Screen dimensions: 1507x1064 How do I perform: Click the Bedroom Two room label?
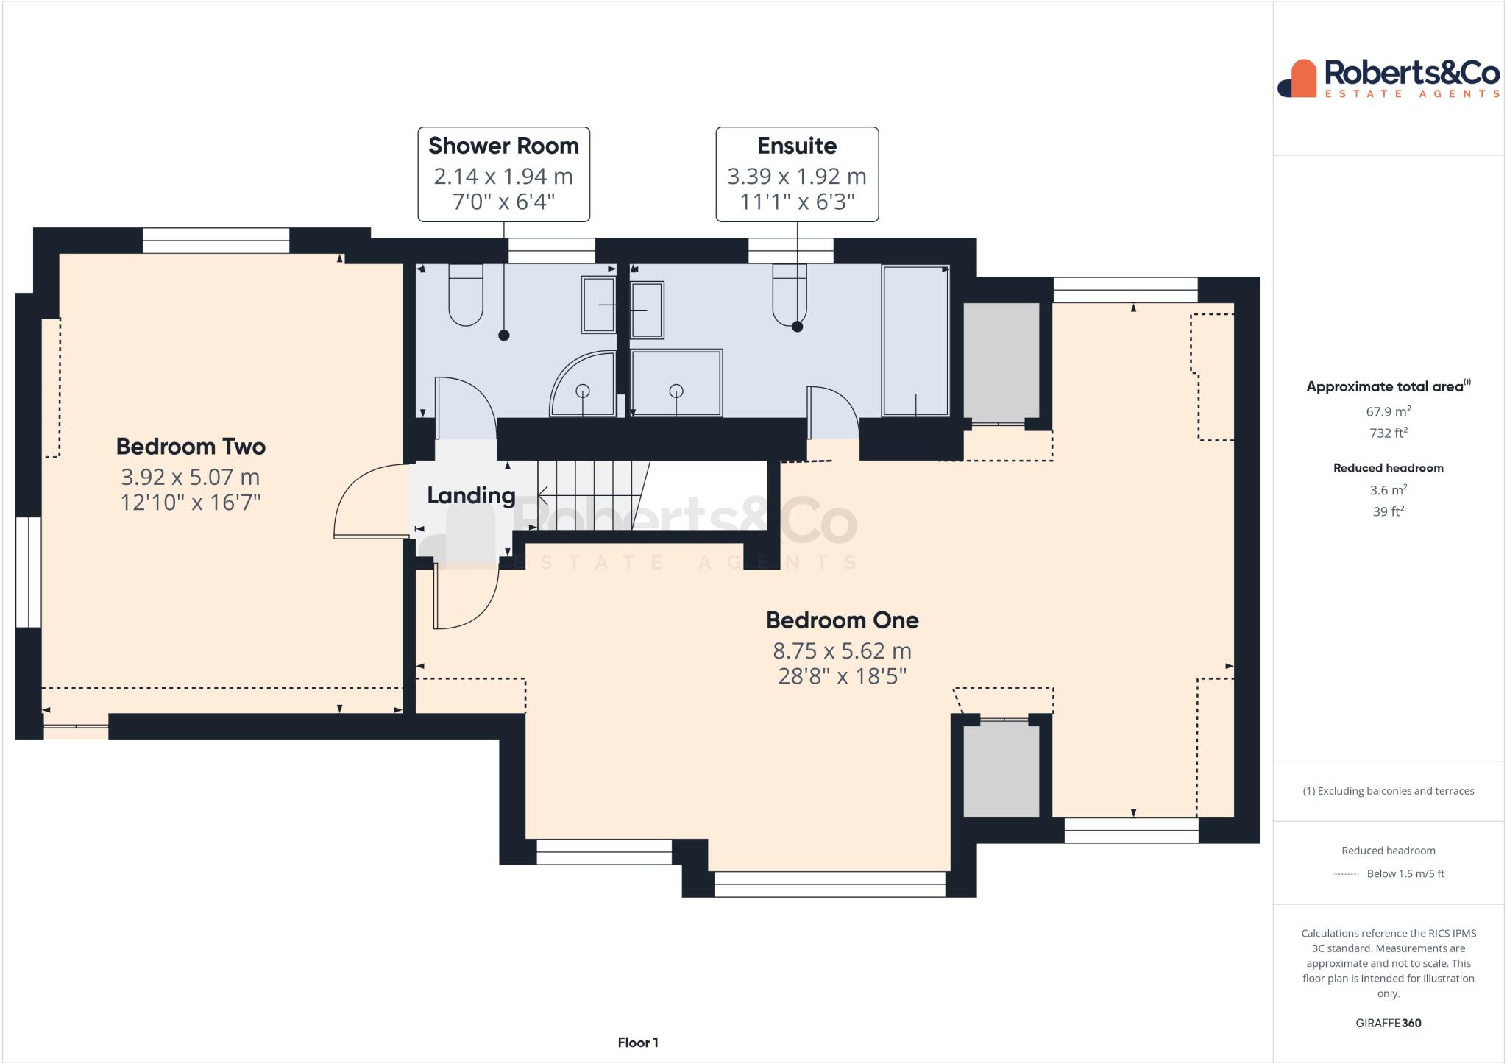(191, 447)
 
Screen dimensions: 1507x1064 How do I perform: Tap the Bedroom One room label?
(842, 620)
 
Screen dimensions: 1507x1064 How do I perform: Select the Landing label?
(471, 496)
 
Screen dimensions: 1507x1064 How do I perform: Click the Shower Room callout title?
(503, 146)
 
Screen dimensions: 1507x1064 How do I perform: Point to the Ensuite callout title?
(797, 146)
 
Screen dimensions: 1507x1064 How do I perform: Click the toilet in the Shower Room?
(466, 294)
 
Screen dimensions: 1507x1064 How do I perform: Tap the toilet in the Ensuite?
(790, 294)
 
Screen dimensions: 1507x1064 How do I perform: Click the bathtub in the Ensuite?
(915, 341)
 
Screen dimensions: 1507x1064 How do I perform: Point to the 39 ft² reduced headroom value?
(1389, 511)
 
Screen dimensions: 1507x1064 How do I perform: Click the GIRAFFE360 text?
(1389, 1023)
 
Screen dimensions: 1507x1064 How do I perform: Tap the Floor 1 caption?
(638, 1043)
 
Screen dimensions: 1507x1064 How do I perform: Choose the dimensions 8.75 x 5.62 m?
(842, 651)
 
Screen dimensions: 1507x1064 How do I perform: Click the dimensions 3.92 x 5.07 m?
(191, 478)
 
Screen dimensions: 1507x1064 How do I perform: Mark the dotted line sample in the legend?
(1345, 874)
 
